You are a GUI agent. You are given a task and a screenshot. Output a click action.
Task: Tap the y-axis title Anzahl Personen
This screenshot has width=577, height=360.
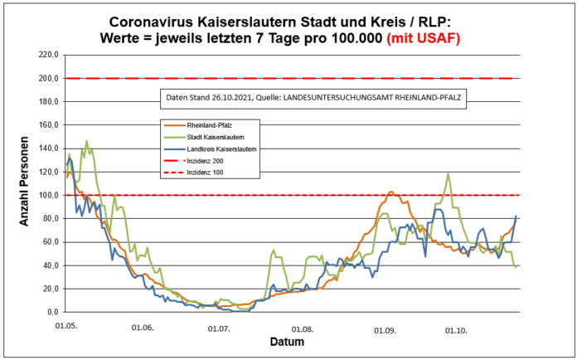[25, 184]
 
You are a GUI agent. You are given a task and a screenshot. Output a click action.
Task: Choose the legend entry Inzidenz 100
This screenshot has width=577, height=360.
[207, 172]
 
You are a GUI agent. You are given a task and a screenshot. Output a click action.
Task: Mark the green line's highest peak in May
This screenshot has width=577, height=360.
[86, 142]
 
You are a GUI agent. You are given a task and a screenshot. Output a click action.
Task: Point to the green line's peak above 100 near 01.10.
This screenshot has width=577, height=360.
[449, 174]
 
